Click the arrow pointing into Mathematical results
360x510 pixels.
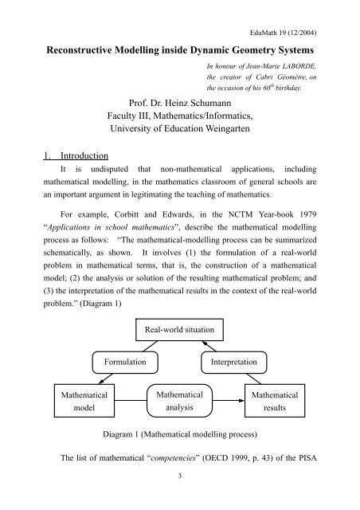tap(235, 401)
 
